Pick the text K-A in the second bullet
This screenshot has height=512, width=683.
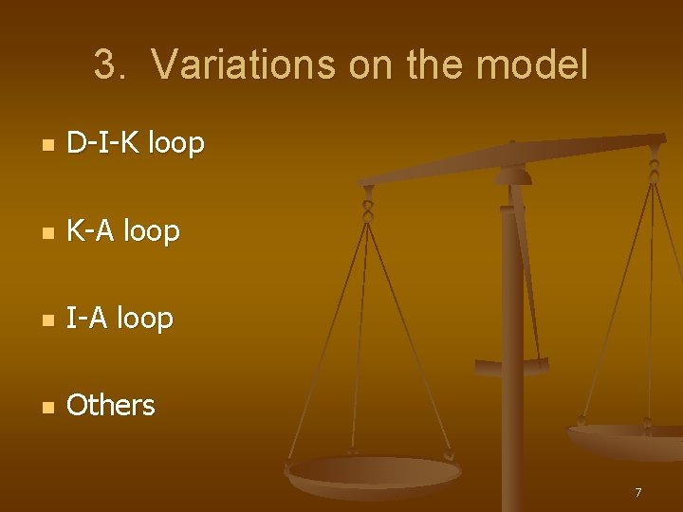[x=91, y=230]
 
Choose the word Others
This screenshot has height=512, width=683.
[x=111, y=406]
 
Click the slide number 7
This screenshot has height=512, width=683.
[x=638, y=492]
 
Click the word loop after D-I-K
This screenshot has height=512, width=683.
[x=175, y=143]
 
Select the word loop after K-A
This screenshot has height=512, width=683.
[x=151, y=230]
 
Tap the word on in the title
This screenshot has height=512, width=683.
[x=370, y=65]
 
